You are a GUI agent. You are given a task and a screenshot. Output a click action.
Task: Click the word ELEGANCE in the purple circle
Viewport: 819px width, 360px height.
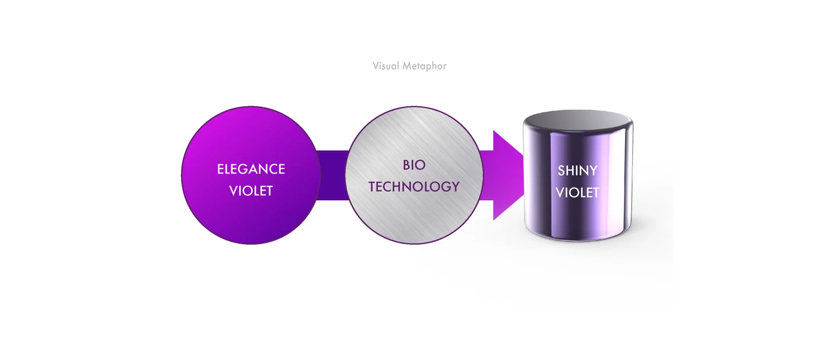[x=251, y=169]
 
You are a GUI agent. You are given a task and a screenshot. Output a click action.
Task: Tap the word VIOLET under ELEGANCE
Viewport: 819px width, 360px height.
[x=251, y=191]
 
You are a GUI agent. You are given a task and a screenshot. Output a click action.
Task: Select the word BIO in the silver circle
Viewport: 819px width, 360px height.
[x=414, y=165]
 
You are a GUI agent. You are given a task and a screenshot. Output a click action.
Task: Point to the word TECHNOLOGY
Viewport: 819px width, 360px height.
[x=414, y=187]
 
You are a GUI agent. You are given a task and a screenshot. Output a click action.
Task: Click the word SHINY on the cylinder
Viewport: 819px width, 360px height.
[x=577, y=171]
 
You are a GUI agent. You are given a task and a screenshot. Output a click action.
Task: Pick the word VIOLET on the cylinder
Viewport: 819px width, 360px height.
[x=577, y=193]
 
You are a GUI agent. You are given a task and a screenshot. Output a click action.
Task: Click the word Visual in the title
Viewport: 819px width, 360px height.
[x=386, y=66]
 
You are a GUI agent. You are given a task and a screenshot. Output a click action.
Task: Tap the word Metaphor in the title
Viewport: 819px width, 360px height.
[x=424, y=66]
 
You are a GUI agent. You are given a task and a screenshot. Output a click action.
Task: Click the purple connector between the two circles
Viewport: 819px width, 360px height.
[x=332, y=175]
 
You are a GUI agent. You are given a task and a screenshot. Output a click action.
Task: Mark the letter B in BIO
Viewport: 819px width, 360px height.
[x=406, y=165]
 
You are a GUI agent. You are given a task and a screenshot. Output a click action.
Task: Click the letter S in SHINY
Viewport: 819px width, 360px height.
[x=561, y=171]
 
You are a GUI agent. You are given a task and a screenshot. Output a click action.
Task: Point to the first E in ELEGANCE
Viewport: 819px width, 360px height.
[x=220, y=169]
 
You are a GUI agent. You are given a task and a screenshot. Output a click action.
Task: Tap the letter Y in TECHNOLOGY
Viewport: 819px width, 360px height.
[x=455, y=187]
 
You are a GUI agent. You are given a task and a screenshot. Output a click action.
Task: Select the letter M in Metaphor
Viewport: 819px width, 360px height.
[x=407, y=66]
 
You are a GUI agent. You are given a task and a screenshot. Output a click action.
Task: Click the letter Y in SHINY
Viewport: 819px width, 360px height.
[x=593, y=171]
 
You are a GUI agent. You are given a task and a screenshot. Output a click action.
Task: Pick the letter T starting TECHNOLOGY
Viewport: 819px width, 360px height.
[x=372, y=187]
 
